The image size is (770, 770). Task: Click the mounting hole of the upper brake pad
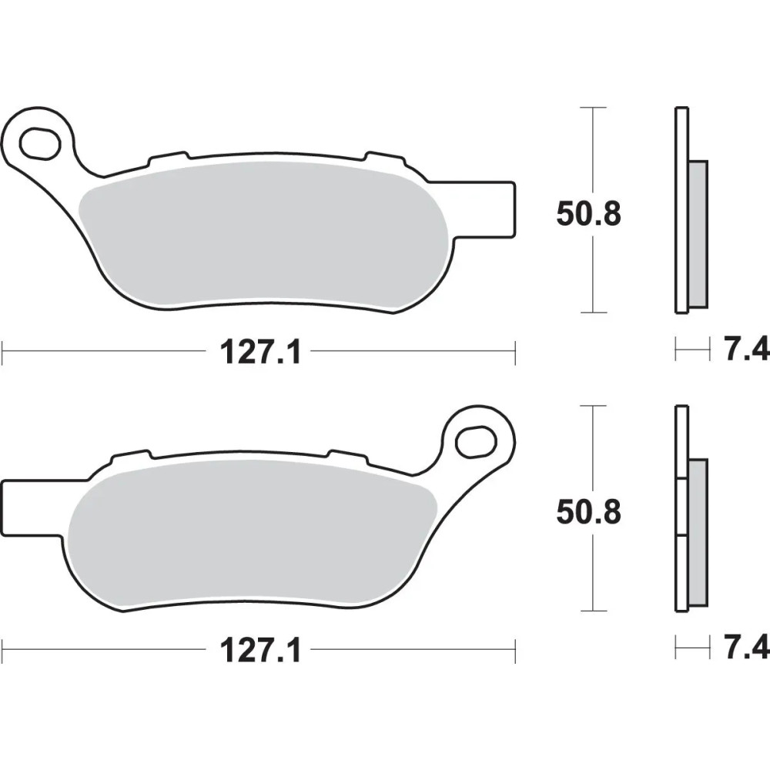pos(40,142)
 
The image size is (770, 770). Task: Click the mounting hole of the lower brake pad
pos(474,441)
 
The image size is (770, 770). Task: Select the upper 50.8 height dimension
pos(588,214)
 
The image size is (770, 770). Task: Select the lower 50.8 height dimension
pos(588,512)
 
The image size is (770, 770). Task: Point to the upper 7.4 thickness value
pos(745,351)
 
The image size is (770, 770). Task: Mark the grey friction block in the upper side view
pos(698,231)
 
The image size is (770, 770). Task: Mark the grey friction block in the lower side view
pos(698,531)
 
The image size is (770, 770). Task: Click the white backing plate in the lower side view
pos(681,439)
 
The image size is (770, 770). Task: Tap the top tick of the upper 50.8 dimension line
pos(592,108)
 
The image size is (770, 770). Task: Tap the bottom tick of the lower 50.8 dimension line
pos(592,611)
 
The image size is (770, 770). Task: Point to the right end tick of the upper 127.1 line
pos(514,353)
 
